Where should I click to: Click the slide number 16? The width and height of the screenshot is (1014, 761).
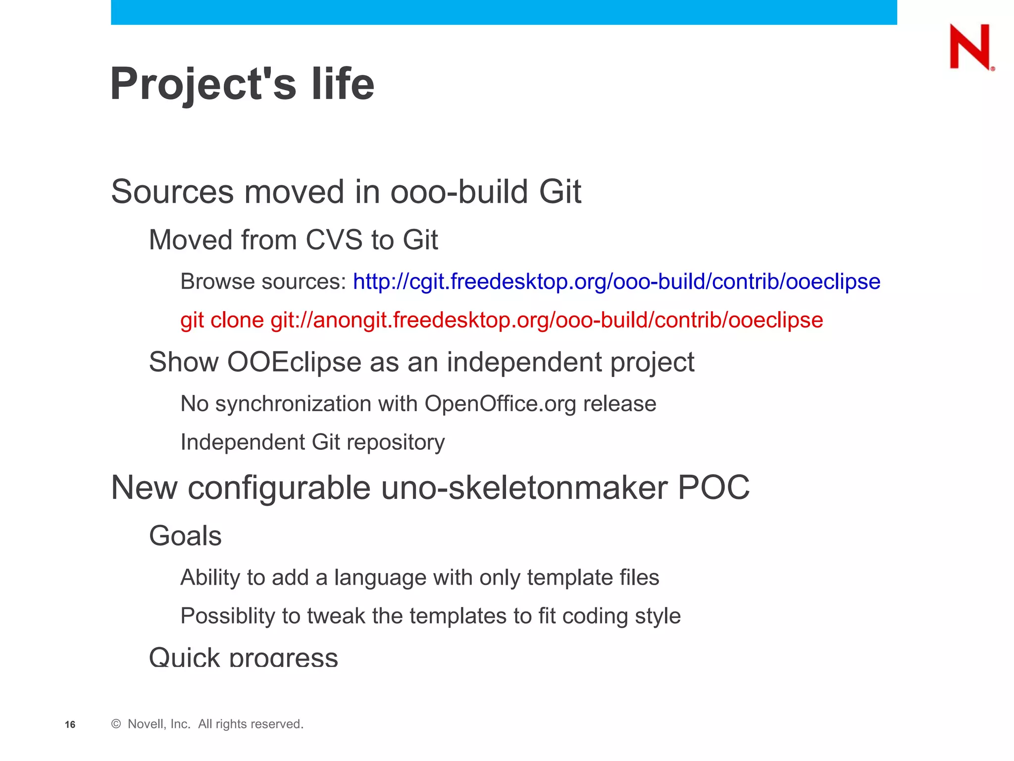(70, 725)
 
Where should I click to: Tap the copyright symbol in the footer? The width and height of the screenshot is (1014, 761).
(116, 724)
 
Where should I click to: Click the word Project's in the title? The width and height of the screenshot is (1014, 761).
(203, 84)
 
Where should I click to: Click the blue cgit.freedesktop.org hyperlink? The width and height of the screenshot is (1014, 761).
(616, 282)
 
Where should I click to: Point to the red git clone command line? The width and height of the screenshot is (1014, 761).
(501, 320)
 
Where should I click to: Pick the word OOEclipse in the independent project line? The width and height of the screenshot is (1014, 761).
(294, 362)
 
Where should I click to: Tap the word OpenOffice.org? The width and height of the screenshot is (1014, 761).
(500, 404)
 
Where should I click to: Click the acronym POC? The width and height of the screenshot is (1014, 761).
(713, 488)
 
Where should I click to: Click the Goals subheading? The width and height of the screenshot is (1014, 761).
(185, 536)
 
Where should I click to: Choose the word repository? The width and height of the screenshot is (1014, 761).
(396, 442)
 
